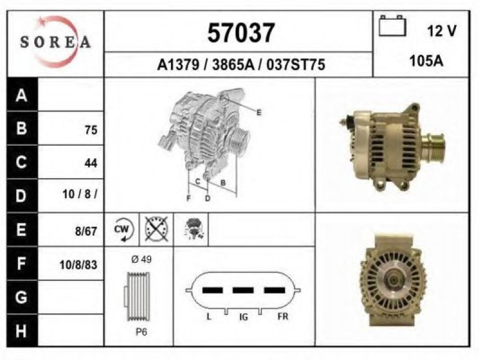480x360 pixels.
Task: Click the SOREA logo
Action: pyautogui.click(x=55, y=41)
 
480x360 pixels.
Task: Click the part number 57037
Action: pyautogui.click(x=241, y=33)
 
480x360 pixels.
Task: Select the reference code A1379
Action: pyautogui.click(x=178, y=65)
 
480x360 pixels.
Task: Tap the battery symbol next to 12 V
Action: pyautogui.click(x=392, y=26)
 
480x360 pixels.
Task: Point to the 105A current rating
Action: pyautogui.click(x=427, y=61)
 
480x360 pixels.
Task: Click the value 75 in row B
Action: pyautogui.click(x=91, y=130)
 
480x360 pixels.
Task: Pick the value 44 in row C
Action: pyautogui.click(x=91, y=163)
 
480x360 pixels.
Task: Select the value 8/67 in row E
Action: pyautogui.click(x=86, y=231)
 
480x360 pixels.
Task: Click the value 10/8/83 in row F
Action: pyautogui.click(x=79, y=265)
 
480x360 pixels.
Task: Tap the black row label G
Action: pyautogui.click(x=22, y=297)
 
